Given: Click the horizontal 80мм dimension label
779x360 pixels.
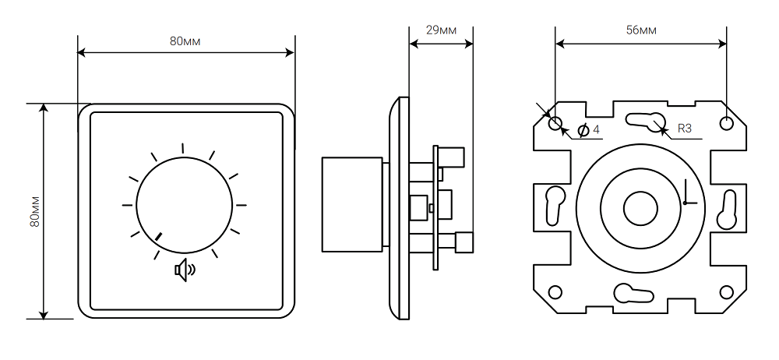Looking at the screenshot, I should click(185, 41).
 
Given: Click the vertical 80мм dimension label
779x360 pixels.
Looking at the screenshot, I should click(33, 210).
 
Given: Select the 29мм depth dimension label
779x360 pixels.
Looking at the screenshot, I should click(441, 30).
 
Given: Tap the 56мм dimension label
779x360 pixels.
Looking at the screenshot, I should click(641, 30).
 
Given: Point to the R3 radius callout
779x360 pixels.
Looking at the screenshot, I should click(685, 129).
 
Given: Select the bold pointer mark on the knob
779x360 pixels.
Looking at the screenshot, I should click(159, 235).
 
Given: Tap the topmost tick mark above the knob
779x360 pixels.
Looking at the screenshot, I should click(183, 147).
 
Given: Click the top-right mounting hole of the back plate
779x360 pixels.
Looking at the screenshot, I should click(726, 123).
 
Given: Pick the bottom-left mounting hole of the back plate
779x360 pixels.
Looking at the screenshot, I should click(555, 292).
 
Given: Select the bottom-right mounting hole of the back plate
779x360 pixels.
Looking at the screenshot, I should click(726, 292).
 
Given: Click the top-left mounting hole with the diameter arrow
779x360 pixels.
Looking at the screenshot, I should click(555, 123).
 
